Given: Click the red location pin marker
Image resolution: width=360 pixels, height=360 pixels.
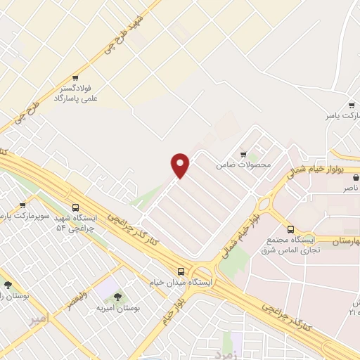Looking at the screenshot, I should (181, 165).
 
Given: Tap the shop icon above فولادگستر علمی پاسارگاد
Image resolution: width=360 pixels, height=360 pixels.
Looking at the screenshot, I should (75, 78).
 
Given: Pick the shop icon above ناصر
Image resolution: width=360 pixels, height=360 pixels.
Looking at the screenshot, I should (355, 177).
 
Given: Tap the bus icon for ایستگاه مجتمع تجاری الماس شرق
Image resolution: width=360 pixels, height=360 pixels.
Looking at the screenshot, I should (290, 229).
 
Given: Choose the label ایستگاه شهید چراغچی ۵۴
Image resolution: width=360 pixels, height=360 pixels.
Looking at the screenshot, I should (80, 224).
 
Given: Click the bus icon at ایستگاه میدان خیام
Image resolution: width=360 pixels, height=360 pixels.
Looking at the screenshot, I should (182, 271).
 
